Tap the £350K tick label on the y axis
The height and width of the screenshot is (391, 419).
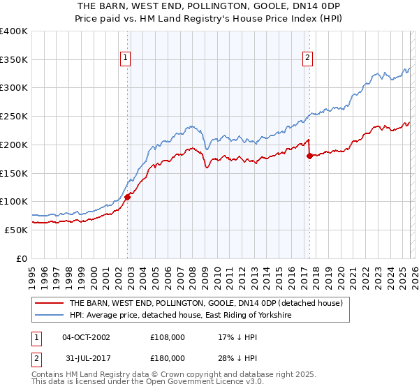pos(14,59)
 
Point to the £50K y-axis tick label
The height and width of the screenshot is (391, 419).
pos(16,230)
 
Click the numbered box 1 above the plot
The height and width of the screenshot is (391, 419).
pos(126,59)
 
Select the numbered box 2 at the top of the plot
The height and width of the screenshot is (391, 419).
pos(307,59)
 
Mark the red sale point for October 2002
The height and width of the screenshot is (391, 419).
pos(127,198)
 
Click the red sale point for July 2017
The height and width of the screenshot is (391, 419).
pos(309,156)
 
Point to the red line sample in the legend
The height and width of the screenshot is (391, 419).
pos(50,304)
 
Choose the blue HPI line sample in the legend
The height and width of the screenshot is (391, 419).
pos(50,316)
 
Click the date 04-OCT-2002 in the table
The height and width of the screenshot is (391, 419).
pos(86,337)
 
